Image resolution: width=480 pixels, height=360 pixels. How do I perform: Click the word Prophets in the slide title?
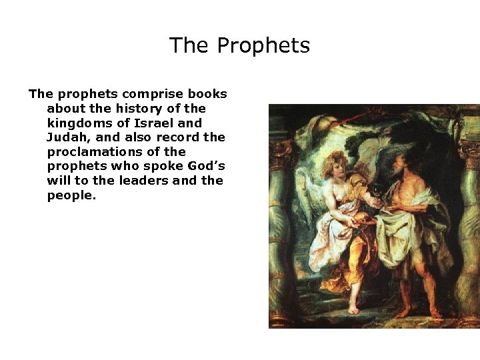coord(263,46)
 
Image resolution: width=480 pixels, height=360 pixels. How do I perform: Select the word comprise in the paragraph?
coord(155,94)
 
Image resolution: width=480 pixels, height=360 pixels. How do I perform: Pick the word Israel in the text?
coord(153,123)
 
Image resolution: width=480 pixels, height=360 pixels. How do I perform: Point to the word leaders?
coord(140,181)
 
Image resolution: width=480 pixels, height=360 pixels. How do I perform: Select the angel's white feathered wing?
coord(308,193)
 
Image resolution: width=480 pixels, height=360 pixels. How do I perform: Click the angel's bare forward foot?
coord(351,309)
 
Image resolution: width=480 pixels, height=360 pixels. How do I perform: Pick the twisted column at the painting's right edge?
coord(470,220)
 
